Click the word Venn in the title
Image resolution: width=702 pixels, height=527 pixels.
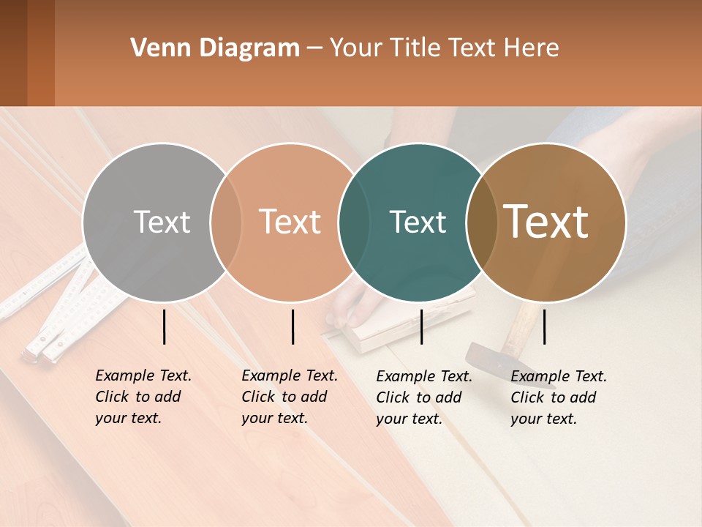pyautogui.click(x=155, y=48)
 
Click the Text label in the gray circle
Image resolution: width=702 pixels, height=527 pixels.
pyautogui.click(x=162, y=222)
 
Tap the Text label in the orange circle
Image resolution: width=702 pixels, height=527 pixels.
pyautogui.click(x=290, y=222)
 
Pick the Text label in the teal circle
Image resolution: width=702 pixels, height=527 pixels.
pyautogui.click(x=418, y=222)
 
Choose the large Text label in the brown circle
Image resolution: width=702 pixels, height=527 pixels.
pyautogui.click(x=546, y=221)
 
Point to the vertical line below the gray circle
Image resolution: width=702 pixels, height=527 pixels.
pyautogui.click(x=164, y=326)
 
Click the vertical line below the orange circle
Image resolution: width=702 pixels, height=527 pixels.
pyautogui.click(x=292, y=326)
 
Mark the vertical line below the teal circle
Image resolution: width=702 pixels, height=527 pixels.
pyautogui.click(x=421, y=326)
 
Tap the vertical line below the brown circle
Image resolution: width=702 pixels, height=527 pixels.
pyautogui.click(x=544, y=326)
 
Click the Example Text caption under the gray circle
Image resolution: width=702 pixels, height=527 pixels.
pyautogui.click(x=143, y=397)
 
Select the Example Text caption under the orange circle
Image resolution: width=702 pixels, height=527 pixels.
pyautogui.click(x=289, y=397)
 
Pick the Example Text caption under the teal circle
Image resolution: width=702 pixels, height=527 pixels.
pyautogui.click(x=423, y=397)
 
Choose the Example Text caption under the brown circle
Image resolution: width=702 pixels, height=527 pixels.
pyautogui.click(x=558, y=397)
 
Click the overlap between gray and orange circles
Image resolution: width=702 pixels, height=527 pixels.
pyautogui.click(x=226, y=222)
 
